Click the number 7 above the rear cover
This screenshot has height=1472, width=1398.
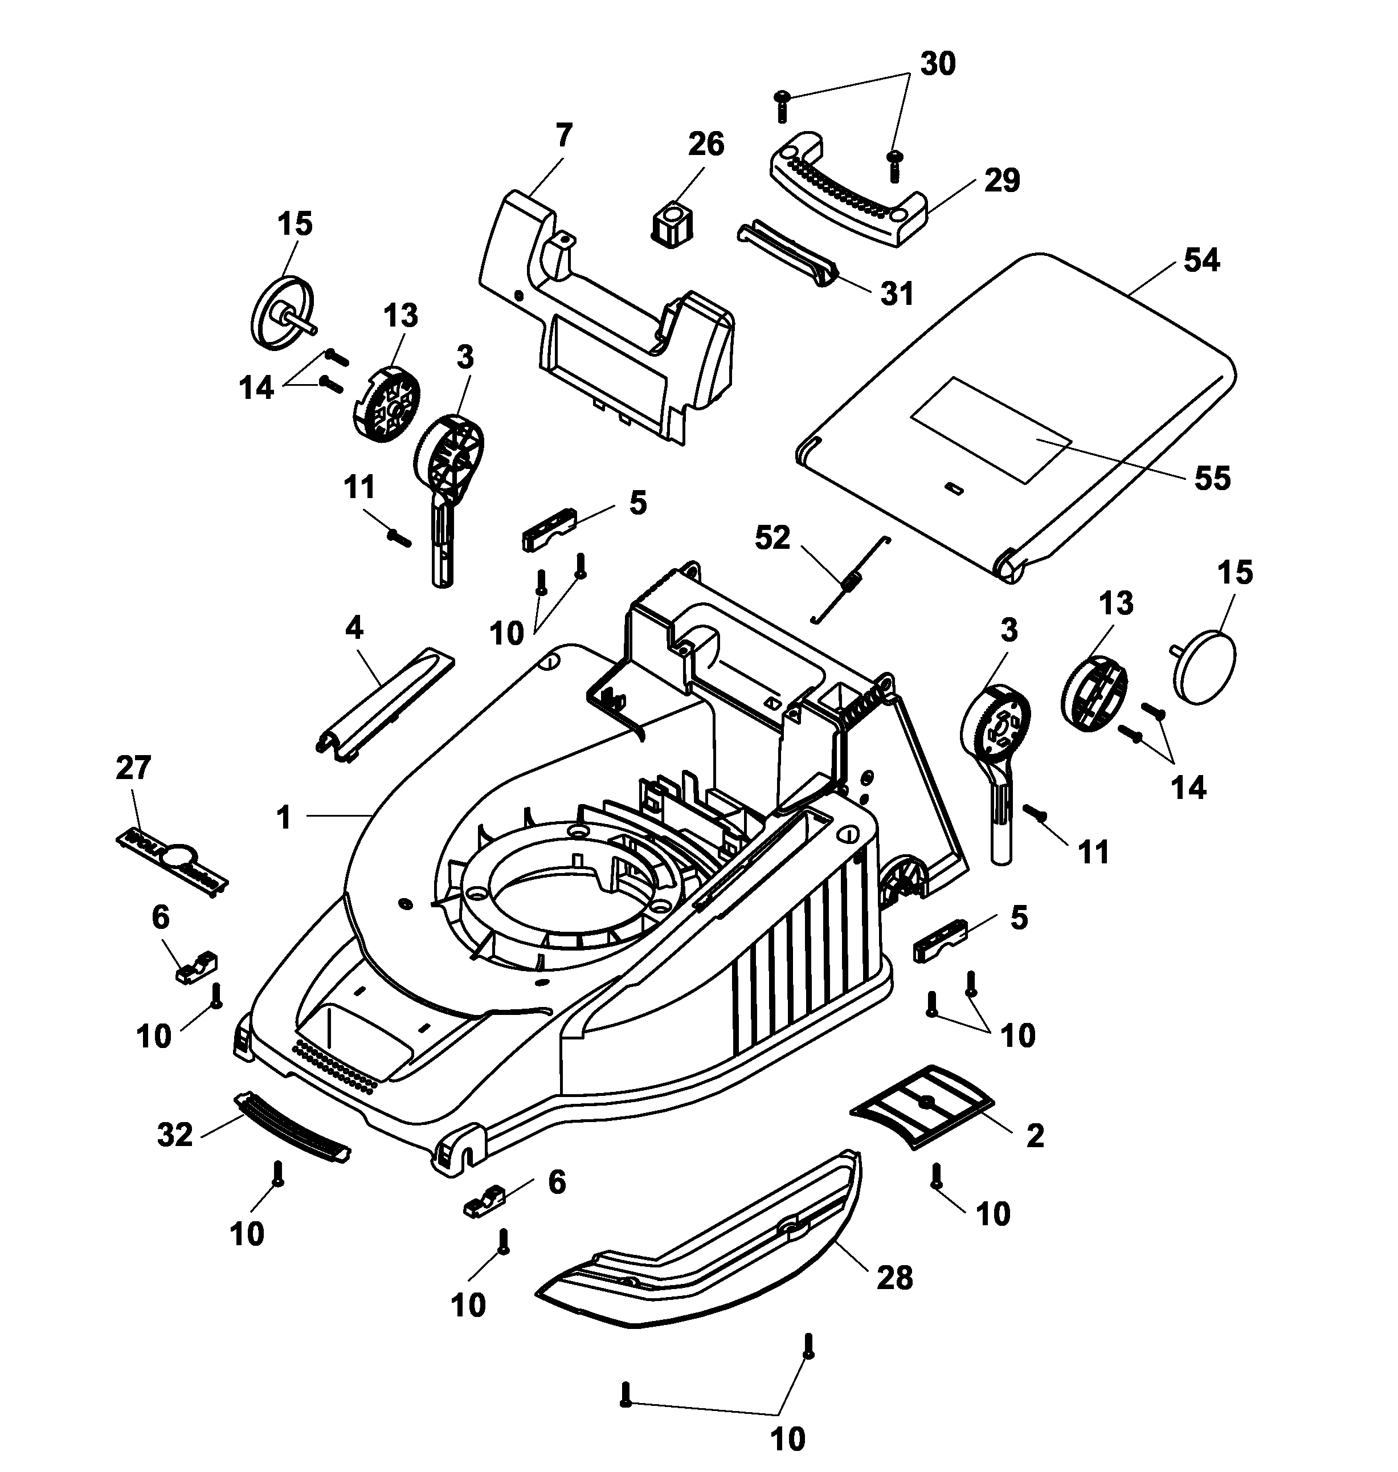coord(563,136)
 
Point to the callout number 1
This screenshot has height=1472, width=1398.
coord(283,818)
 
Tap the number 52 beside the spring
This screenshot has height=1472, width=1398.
coord(772,537)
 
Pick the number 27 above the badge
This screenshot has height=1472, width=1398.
coord(133,767)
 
